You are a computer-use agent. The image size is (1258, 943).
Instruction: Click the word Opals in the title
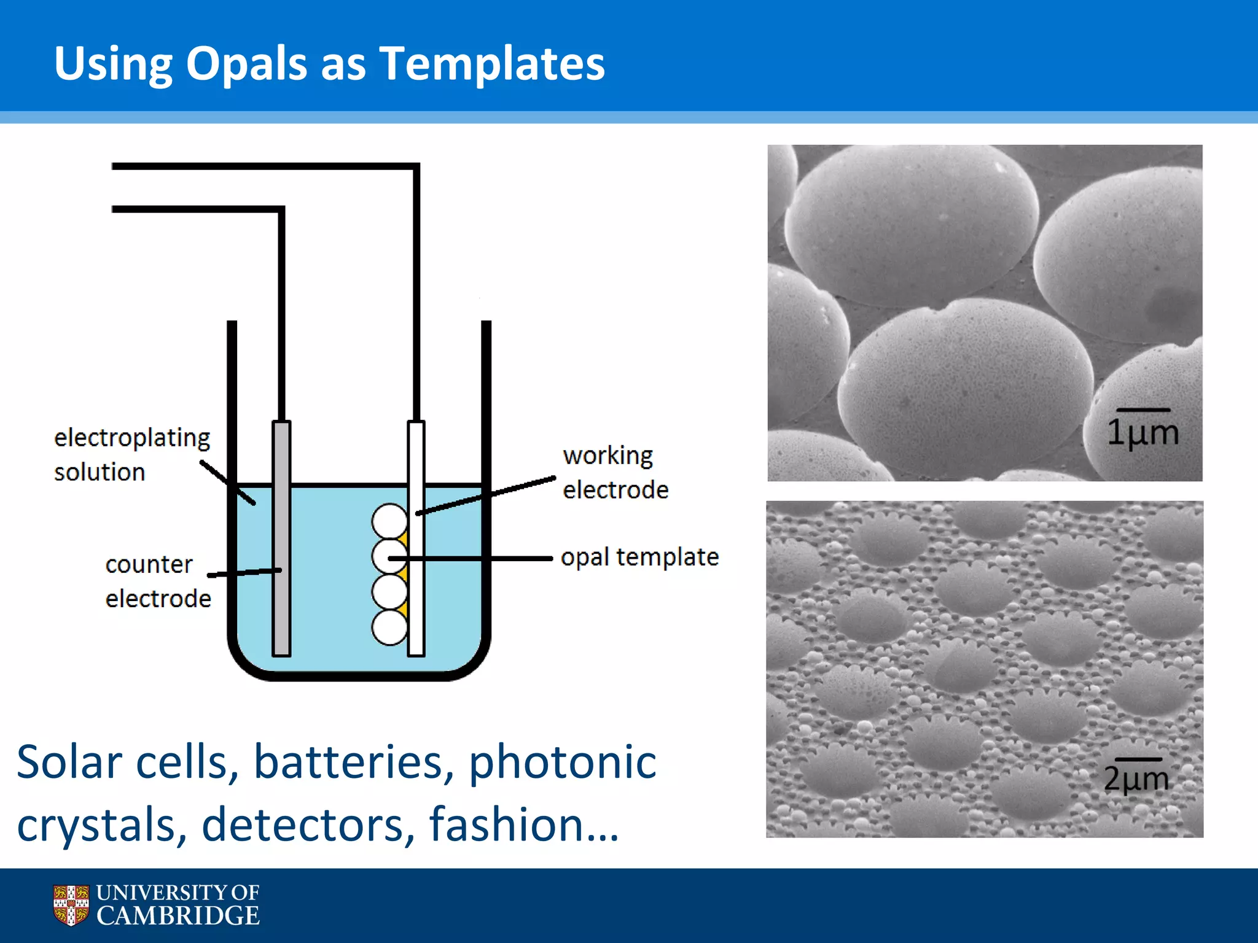point(246,63)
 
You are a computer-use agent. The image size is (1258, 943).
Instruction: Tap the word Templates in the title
point(492,63)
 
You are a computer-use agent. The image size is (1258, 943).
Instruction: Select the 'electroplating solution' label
point(131,454)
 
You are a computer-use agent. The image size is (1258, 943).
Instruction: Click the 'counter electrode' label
point(158,581)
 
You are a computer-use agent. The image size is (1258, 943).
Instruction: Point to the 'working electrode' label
point(615,472)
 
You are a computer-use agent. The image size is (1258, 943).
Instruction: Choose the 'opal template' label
point(639,557)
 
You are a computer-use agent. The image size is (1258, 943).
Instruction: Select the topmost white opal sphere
point(389,521)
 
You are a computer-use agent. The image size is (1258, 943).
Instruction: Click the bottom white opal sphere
point(389,627)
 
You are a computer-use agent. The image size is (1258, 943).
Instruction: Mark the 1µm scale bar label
point(1143,432)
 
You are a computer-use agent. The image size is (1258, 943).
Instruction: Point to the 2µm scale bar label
point(1136,778)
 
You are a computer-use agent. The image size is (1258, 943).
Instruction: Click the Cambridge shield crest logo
point(71,904)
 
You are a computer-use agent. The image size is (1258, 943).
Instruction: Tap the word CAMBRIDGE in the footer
point(178,916)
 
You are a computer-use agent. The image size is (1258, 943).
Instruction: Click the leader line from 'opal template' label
point(479,559)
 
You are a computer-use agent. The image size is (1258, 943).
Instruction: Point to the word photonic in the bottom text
point(562,762)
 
